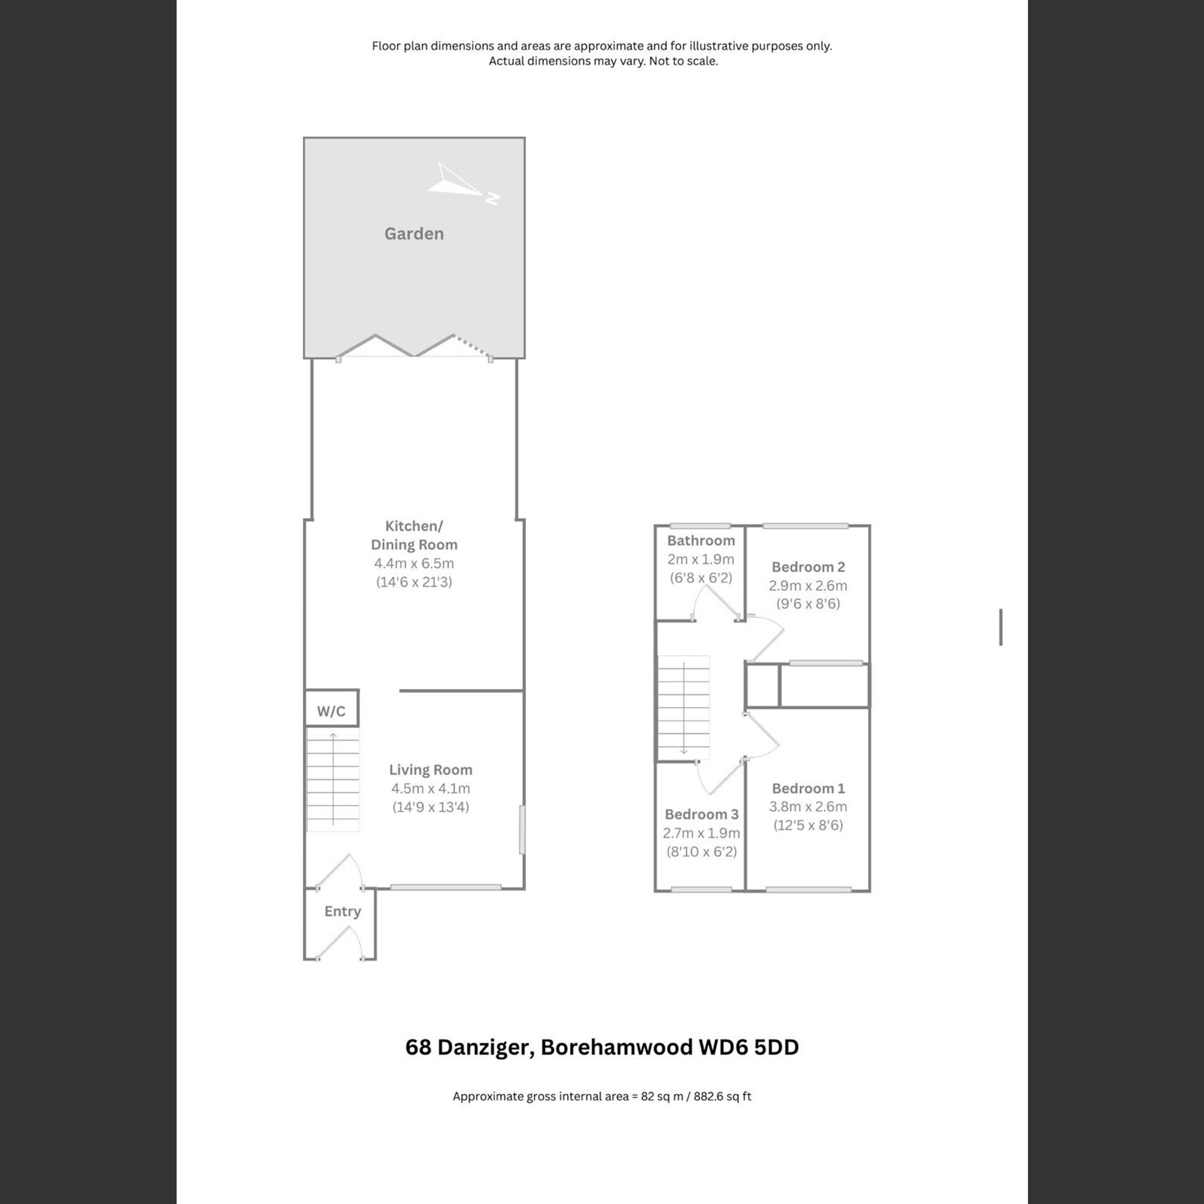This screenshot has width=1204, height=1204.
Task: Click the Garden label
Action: coord(414,234)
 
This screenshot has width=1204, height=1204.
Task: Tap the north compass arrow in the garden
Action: coord(461,184)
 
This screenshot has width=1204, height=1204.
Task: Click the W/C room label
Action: coord(331,712)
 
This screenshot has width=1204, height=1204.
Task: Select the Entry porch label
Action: coord(342,911)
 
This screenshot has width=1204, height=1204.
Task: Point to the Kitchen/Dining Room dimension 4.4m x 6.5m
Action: coord(414,563)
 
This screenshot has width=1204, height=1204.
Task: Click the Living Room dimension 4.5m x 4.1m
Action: coord(430,788)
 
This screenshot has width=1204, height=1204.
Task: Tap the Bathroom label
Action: coord(701,540)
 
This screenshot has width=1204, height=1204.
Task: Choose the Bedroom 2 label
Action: coord(808,566)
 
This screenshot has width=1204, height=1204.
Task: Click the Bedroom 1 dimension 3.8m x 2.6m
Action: coord(808,807)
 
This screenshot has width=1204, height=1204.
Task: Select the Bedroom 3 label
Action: coord(701,814)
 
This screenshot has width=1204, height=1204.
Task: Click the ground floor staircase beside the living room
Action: coord(333,781)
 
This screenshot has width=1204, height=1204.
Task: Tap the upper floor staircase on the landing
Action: coord(684,707)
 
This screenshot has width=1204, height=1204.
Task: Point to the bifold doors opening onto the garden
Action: coord(414,347)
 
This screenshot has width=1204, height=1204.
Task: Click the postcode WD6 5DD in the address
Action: coord(748,1047)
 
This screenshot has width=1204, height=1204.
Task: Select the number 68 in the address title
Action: coord(418,1047)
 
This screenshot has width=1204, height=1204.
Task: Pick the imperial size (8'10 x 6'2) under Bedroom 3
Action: coord(701,851)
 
